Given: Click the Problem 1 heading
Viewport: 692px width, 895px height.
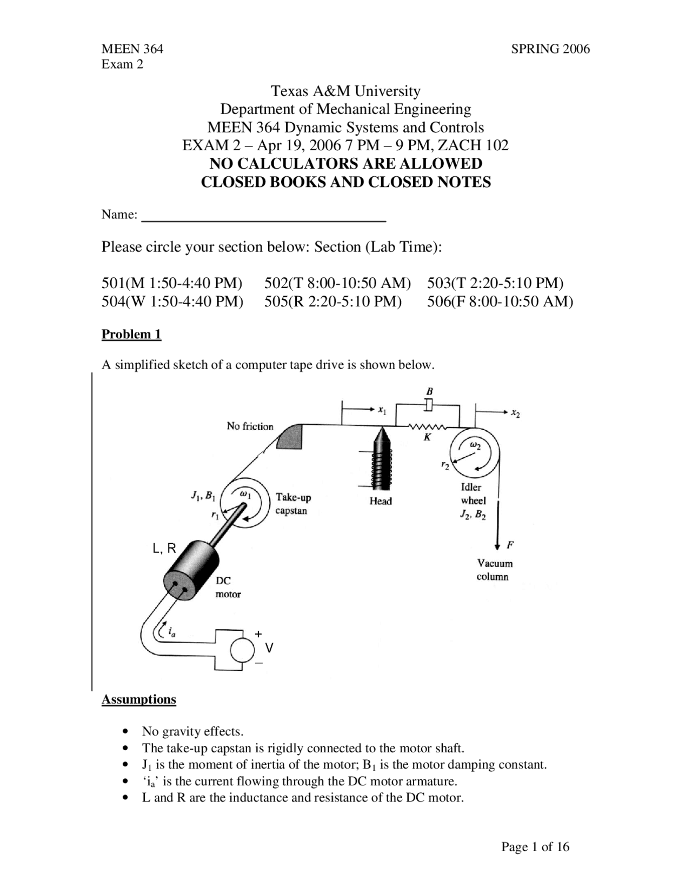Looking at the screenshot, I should tap(131, 335).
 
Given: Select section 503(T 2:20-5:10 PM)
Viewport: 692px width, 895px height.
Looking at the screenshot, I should tap(495, 283).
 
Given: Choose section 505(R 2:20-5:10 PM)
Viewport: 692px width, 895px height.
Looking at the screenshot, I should tap(333, 301).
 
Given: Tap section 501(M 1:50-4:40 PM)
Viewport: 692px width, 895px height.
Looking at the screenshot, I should tap(172, 283).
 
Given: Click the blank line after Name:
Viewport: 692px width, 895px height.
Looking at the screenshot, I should tap(263, 216).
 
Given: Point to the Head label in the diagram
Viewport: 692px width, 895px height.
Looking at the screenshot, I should tap(381, 501).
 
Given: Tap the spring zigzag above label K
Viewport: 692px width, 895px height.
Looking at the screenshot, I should tap(427, 427).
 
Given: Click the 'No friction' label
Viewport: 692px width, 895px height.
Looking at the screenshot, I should tap(250, 426).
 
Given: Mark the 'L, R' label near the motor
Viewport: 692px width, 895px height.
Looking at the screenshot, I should tap(164, 549).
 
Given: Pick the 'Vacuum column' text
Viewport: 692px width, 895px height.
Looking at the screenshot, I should tap(494, 570).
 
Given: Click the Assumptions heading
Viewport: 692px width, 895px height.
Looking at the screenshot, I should tap(139, 700).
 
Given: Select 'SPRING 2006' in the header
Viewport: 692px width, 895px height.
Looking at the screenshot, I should tap(550, 49).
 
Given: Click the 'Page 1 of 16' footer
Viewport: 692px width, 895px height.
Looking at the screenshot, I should tap(535, 847).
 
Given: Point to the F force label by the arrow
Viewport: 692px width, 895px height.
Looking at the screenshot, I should tap(510, 545).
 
